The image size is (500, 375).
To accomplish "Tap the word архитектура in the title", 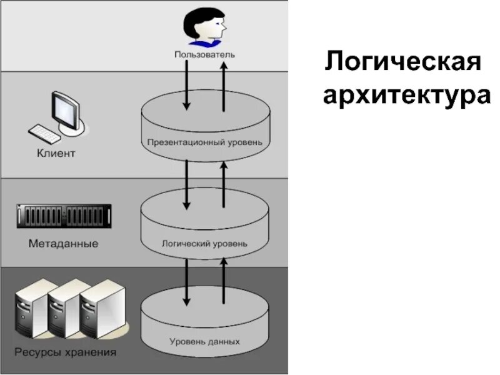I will point(406,96).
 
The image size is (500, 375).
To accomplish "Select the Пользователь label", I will point(204,55).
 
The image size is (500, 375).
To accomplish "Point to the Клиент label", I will point(56,153).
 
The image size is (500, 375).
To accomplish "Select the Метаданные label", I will point(63,244).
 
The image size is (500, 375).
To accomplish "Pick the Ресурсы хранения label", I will point(66,353).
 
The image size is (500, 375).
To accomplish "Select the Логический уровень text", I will point(204,242).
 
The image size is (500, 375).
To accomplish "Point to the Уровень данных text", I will point(204,342).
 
